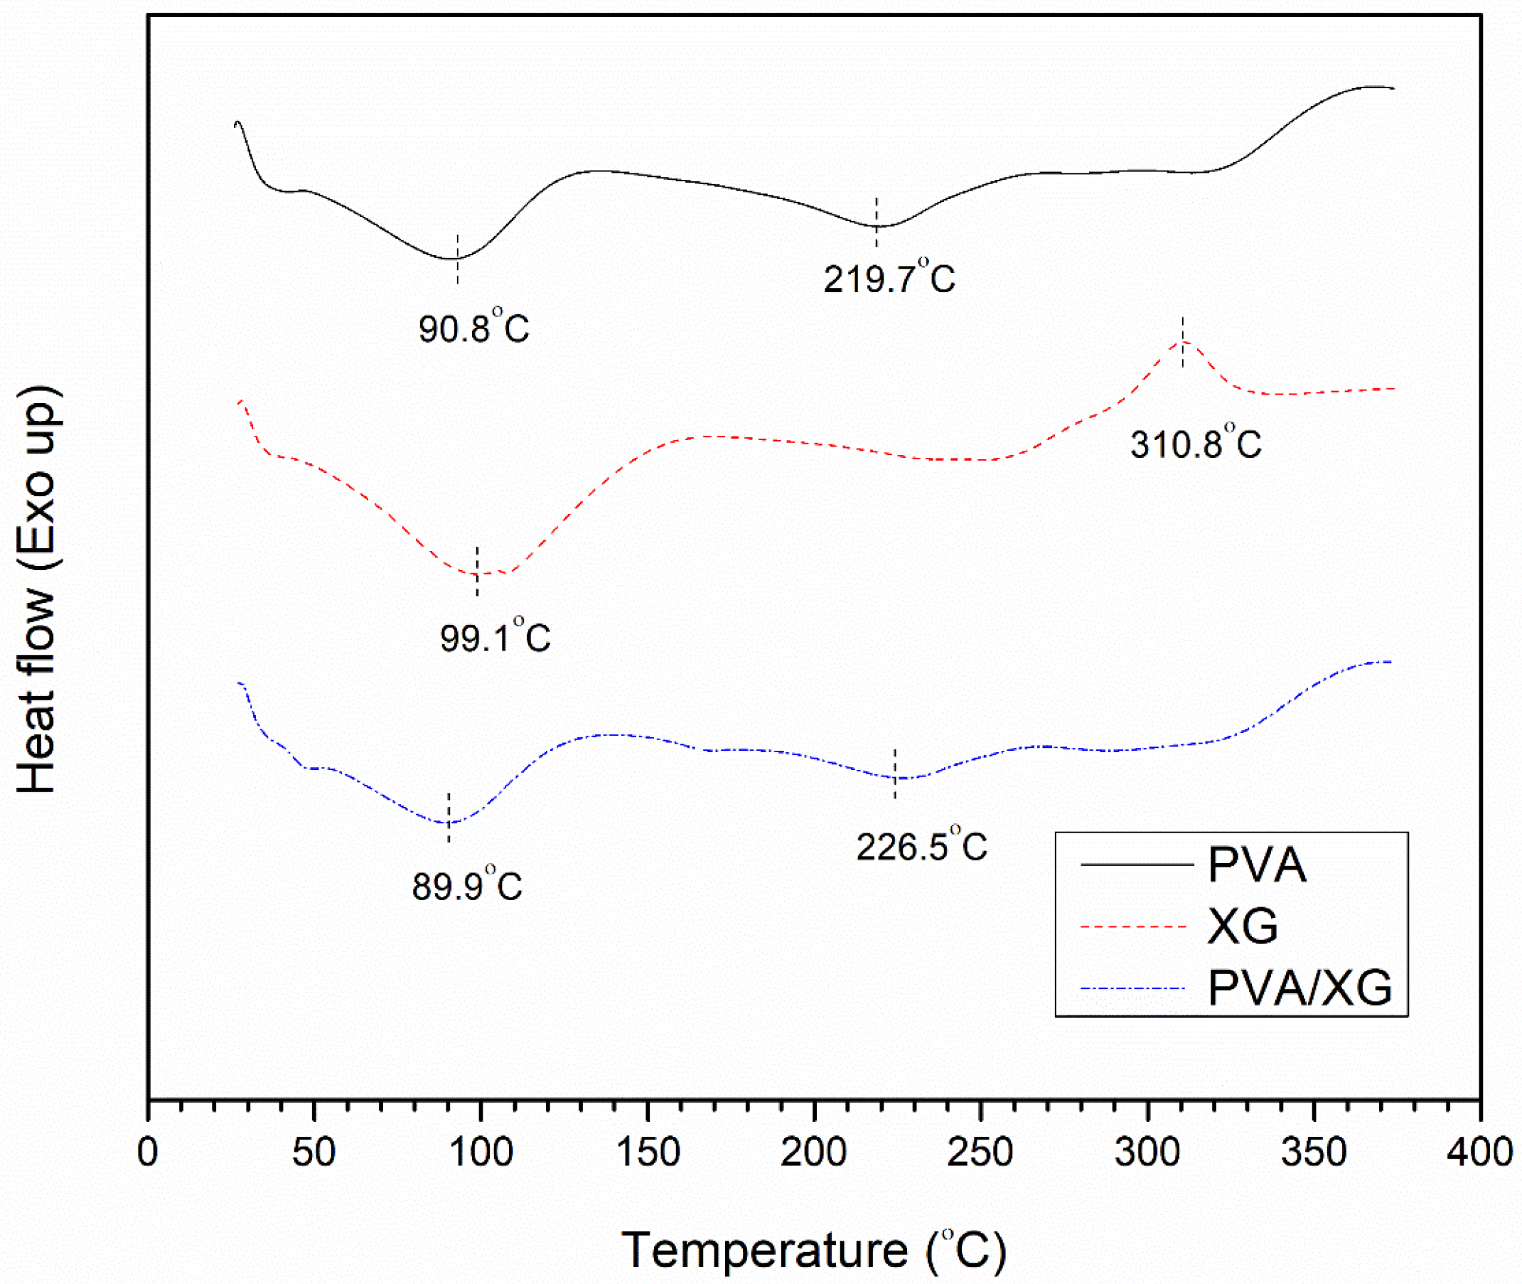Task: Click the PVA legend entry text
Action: [x=1257, y=865]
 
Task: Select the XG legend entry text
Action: [x=1243, y=926]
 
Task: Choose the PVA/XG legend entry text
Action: [x=1300, y=988]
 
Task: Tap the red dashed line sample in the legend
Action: [x=1134, y=926]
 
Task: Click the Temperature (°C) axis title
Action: [x=814, y=1251]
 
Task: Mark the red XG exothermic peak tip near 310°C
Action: [x=1183, y=341]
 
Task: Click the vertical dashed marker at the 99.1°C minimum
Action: [x=478, y=572]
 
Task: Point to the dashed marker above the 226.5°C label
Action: [x=894, y=773]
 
